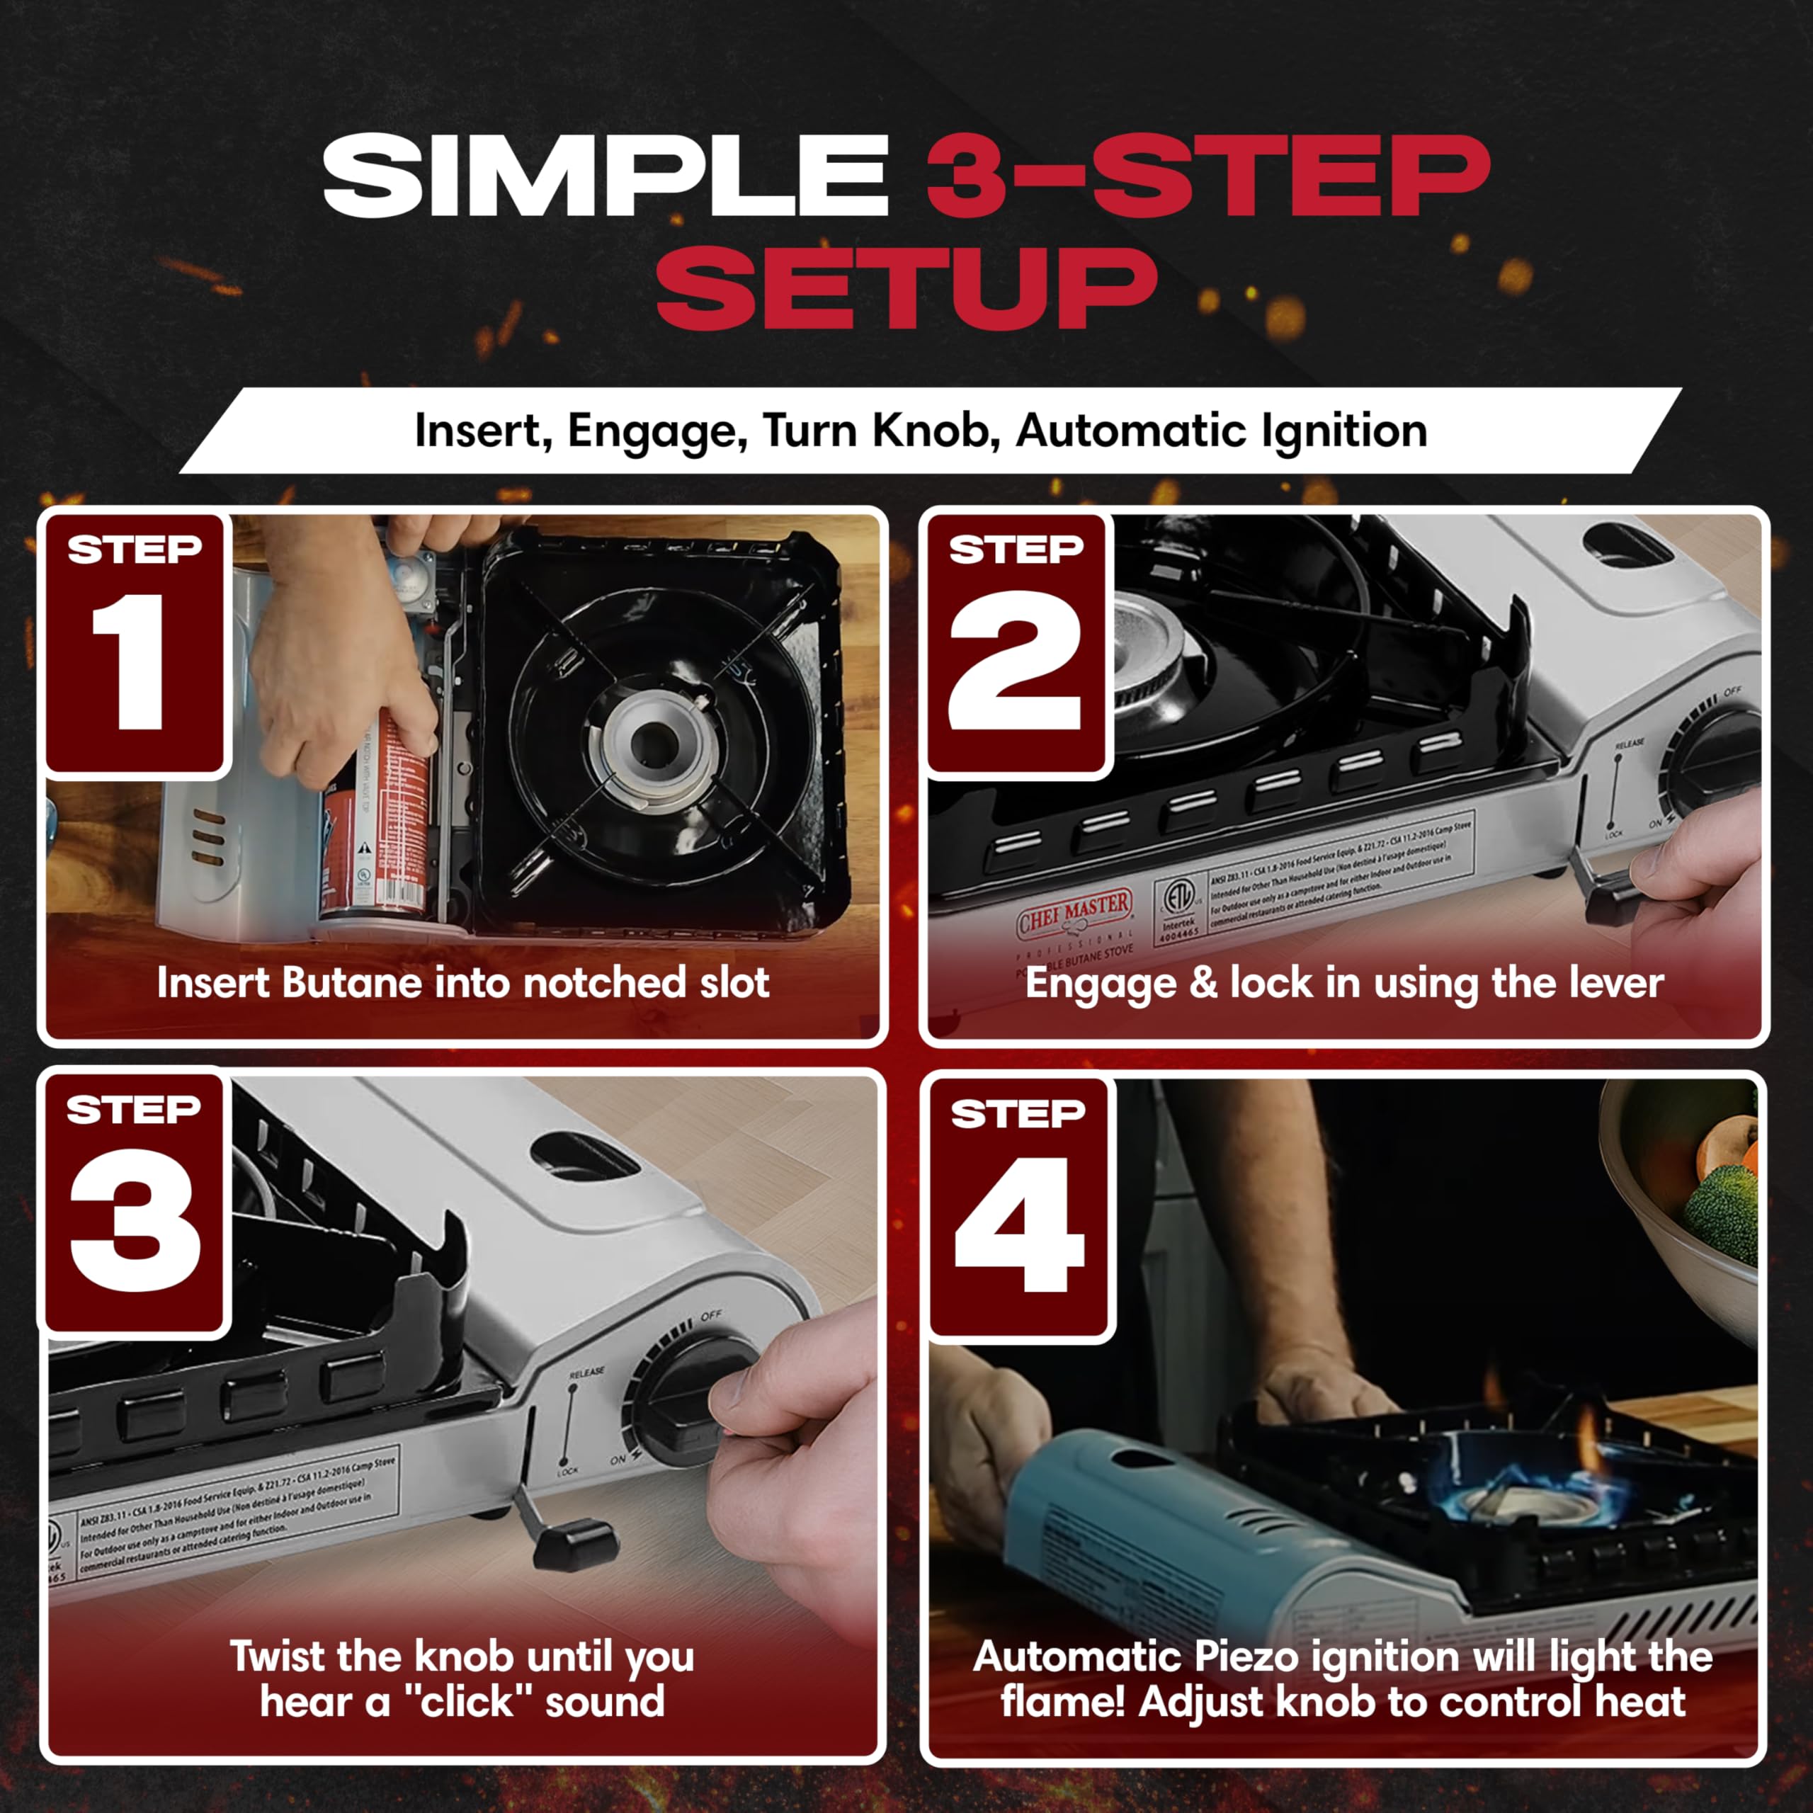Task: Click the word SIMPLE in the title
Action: pos(606,176)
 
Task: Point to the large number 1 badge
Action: pos(132,661)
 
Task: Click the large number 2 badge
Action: pos(1016,661)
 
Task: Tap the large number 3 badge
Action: pos(134,1220)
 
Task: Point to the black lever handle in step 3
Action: pos(572,1545)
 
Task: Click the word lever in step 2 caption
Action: pos(1617,984)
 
